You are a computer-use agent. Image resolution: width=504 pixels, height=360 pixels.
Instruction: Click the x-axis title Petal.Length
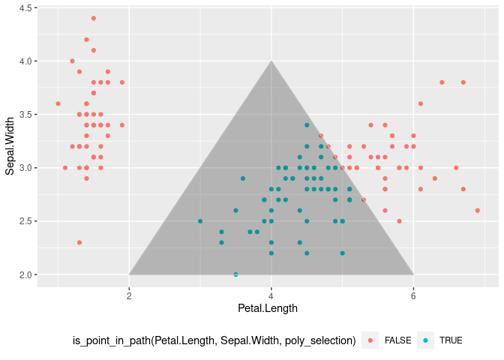coord(268,308)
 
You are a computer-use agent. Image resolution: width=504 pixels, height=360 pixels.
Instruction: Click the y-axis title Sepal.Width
coord(10,146)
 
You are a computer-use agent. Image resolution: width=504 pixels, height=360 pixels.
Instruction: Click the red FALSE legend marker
coord(370,340)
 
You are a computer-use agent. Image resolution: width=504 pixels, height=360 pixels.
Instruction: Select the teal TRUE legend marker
coord(425,340)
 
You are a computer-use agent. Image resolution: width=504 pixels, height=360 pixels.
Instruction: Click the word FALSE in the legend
coord(397,340)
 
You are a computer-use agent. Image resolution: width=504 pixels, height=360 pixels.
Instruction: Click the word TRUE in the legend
coord(451,340)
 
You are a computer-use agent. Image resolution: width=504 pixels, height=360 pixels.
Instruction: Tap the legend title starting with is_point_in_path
coord(214,340)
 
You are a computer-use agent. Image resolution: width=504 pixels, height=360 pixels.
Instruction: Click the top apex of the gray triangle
coord(271,61)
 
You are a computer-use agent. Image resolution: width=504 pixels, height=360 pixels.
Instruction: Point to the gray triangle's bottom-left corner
coord(129,274)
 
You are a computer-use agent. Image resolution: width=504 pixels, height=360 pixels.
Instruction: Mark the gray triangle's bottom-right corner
coord(413,274)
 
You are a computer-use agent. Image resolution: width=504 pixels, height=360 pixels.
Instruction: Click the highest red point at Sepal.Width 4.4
coord(94,18)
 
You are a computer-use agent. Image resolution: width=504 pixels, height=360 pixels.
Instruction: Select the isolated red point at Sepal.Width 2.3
coord(79,242)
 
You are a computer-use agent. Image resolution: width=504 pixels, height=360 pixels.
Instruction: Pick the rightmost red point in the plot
coord(477,211)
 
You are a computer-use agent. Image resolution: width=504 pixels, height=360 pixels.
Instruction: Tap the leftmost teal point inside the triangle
coord(200,221)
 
